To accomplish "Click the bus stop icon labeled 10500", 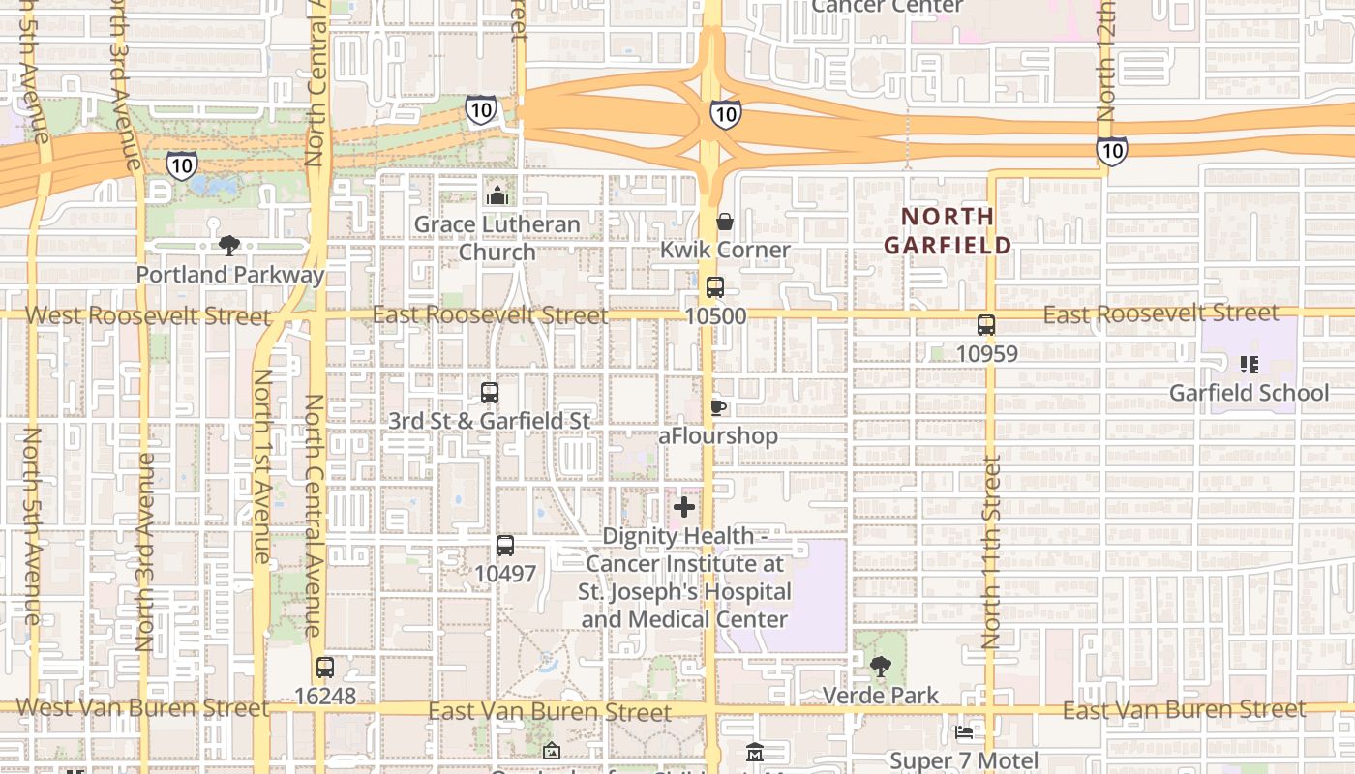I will point(715,287).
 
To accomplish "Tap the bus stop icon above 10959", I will point(986,325).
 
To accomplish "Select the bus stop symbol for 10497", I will point(505,545).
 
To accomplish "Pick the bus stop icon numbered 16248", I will point(325,668).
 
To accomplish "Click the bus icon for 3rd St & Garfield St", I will point(490,393).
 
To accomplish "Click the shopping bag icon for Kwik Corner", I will point(725,222).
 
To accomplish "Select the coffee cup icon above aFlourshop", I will point(717,407).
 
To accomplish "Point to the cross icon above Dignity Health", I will point(684,507).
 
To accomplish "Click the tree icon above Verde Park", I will point(880,667).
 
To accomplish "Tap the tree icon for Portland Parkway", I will point(229,246).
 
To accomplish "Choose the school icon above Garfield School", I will point(1250,365).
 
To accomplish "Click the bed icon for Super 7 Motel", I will point(964,732).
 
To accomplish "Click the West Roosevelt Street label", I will point(148,315).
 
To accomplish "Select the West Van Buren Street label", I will point(142,708).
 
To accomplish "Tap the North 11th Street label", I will point(991,551).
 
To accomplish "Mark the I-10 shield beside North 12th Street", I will point(1111,150).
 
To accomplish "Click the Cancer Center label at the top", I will point(887,7).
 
